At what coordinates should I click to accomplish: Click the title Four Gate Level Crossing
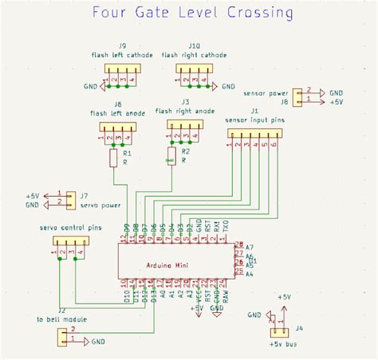[192, 14]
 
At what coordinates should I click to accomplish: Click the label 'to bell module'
[62, 319]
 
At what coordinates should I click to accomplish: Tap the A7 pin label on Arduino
[250, 248]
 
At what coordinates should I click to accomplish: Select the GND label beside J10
[229, 86]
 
